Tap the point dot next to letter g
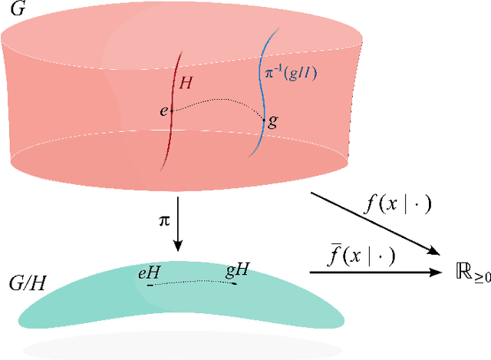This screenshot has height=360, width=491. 264,120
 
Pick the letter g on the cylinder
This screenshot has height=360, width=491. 272,121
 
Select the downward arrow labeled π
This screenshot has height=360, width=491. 179,223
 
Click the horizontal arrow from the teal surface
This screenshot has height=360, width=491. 376,271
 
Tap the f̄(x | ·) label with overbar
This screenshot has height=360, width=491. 360,255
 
